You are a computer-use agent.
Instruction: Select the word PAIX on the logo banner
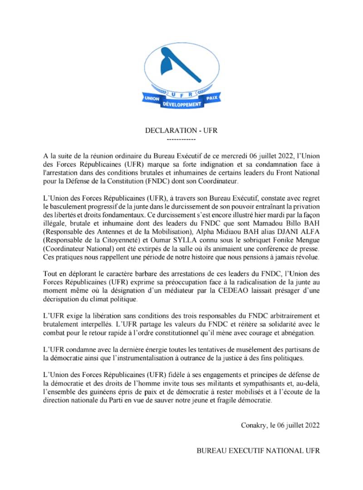212,98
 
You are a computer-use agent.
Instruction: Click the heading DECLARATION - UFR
181,131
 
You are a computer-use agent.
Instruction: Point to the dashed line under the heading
181,139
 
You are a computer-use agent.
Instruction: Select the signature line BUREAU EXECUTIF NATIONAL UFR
258,451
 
